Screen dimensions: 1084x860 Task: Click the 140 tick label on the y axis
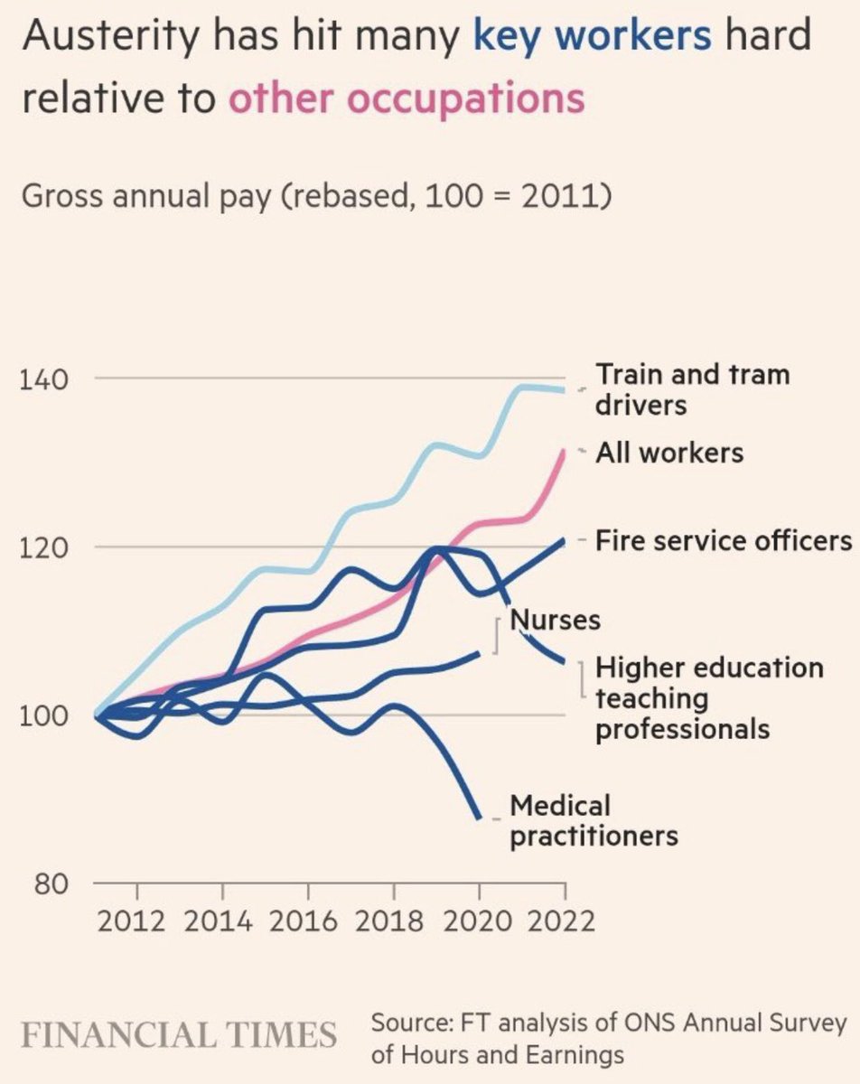(x=42, y=378)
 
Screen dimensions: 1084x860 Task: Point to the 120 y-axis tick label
(x=42, y=547)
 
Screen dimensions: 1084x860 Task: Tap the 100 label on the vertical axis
(x=42, y=715)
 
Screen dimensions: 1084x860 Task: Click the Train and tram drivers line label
(x=692, y=388)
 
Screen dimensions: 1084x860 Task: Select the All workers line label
(x=669, y=452)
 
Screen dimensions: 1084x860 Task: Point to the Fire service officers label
(x=724, y=540)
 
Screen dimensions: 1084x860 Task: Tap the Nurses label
(x=556, y=621)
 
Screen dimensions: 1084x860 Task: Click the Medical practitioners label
(x=594, y=819)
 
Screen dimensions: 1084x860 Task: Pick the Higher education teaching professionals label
(x=709, y=697)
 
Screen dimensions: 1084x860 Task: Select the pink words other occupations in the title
(x=406, y=98)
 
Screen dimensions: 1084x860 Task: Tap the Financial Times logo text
(x=179, y=1034)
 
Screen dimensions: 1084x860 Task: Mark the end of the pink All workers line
(x=566, y=449)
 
